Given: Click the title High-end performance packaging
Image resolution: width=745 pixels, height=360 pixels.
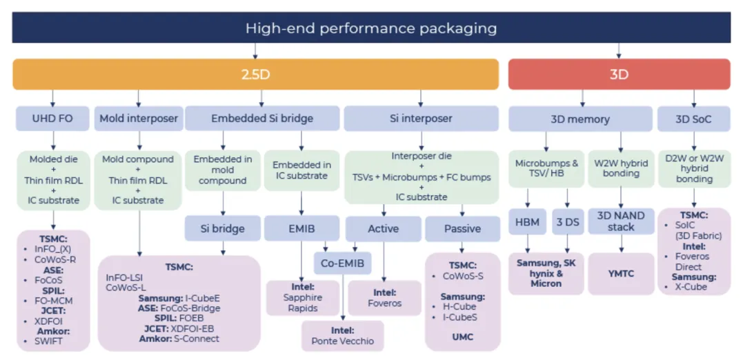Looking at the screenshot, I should coord(371,28).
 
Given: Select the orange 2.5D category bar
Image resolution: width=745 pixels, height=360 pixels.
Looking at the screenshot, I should coord(255,74).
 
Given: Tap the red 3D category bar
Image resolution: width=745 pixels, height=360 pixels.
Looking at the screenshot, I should coord(619,74).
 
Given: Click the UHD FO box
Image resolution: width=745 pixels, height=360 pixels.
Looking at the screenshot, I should coord(52,119).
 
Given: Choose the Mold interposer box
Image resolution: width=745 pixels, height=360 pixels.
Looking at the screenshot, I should coord(139,119).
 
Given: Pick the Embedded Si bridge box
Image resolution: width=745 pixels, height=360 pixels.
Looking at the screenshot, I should coord(261,119).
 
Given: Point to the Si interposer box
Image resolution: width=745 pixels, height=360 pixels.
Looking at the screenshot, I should coord(421,119).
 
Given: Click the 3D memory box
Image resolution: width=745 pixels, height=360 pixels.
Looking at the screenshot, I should coord(579,119).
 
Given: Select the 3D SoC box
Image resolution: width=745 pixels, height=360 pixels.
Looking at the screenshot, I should coord(693,119).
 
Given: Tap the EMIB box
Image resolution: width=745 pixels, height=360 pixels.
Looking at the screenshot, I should coord(301,228).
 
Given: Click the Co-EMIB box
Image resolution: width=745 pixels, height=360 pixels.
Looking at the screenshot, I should coord(344,263).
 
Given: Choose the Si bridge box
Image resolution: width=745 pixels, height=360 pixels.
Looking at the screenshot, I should coord(222,228).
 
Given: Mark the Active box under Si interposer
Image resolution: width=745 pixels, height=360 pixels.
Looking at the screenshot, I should coord(383,228).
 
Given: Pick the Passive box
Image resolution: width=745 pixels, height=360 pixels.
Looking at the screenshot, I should coord(462,228).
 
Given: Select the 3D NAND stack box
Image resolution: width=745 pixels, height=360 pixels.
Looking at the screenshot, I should coord(621,221).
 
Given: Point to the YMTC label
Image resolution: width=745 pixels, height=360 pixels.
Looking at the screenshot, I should coord(621,274).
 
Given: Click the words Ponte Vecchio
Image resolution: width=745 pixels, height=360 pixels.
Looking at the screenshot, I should coord(343,341).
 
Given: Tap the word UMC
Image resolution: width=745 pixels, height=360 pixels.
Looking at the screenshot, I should coord(462,338).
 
